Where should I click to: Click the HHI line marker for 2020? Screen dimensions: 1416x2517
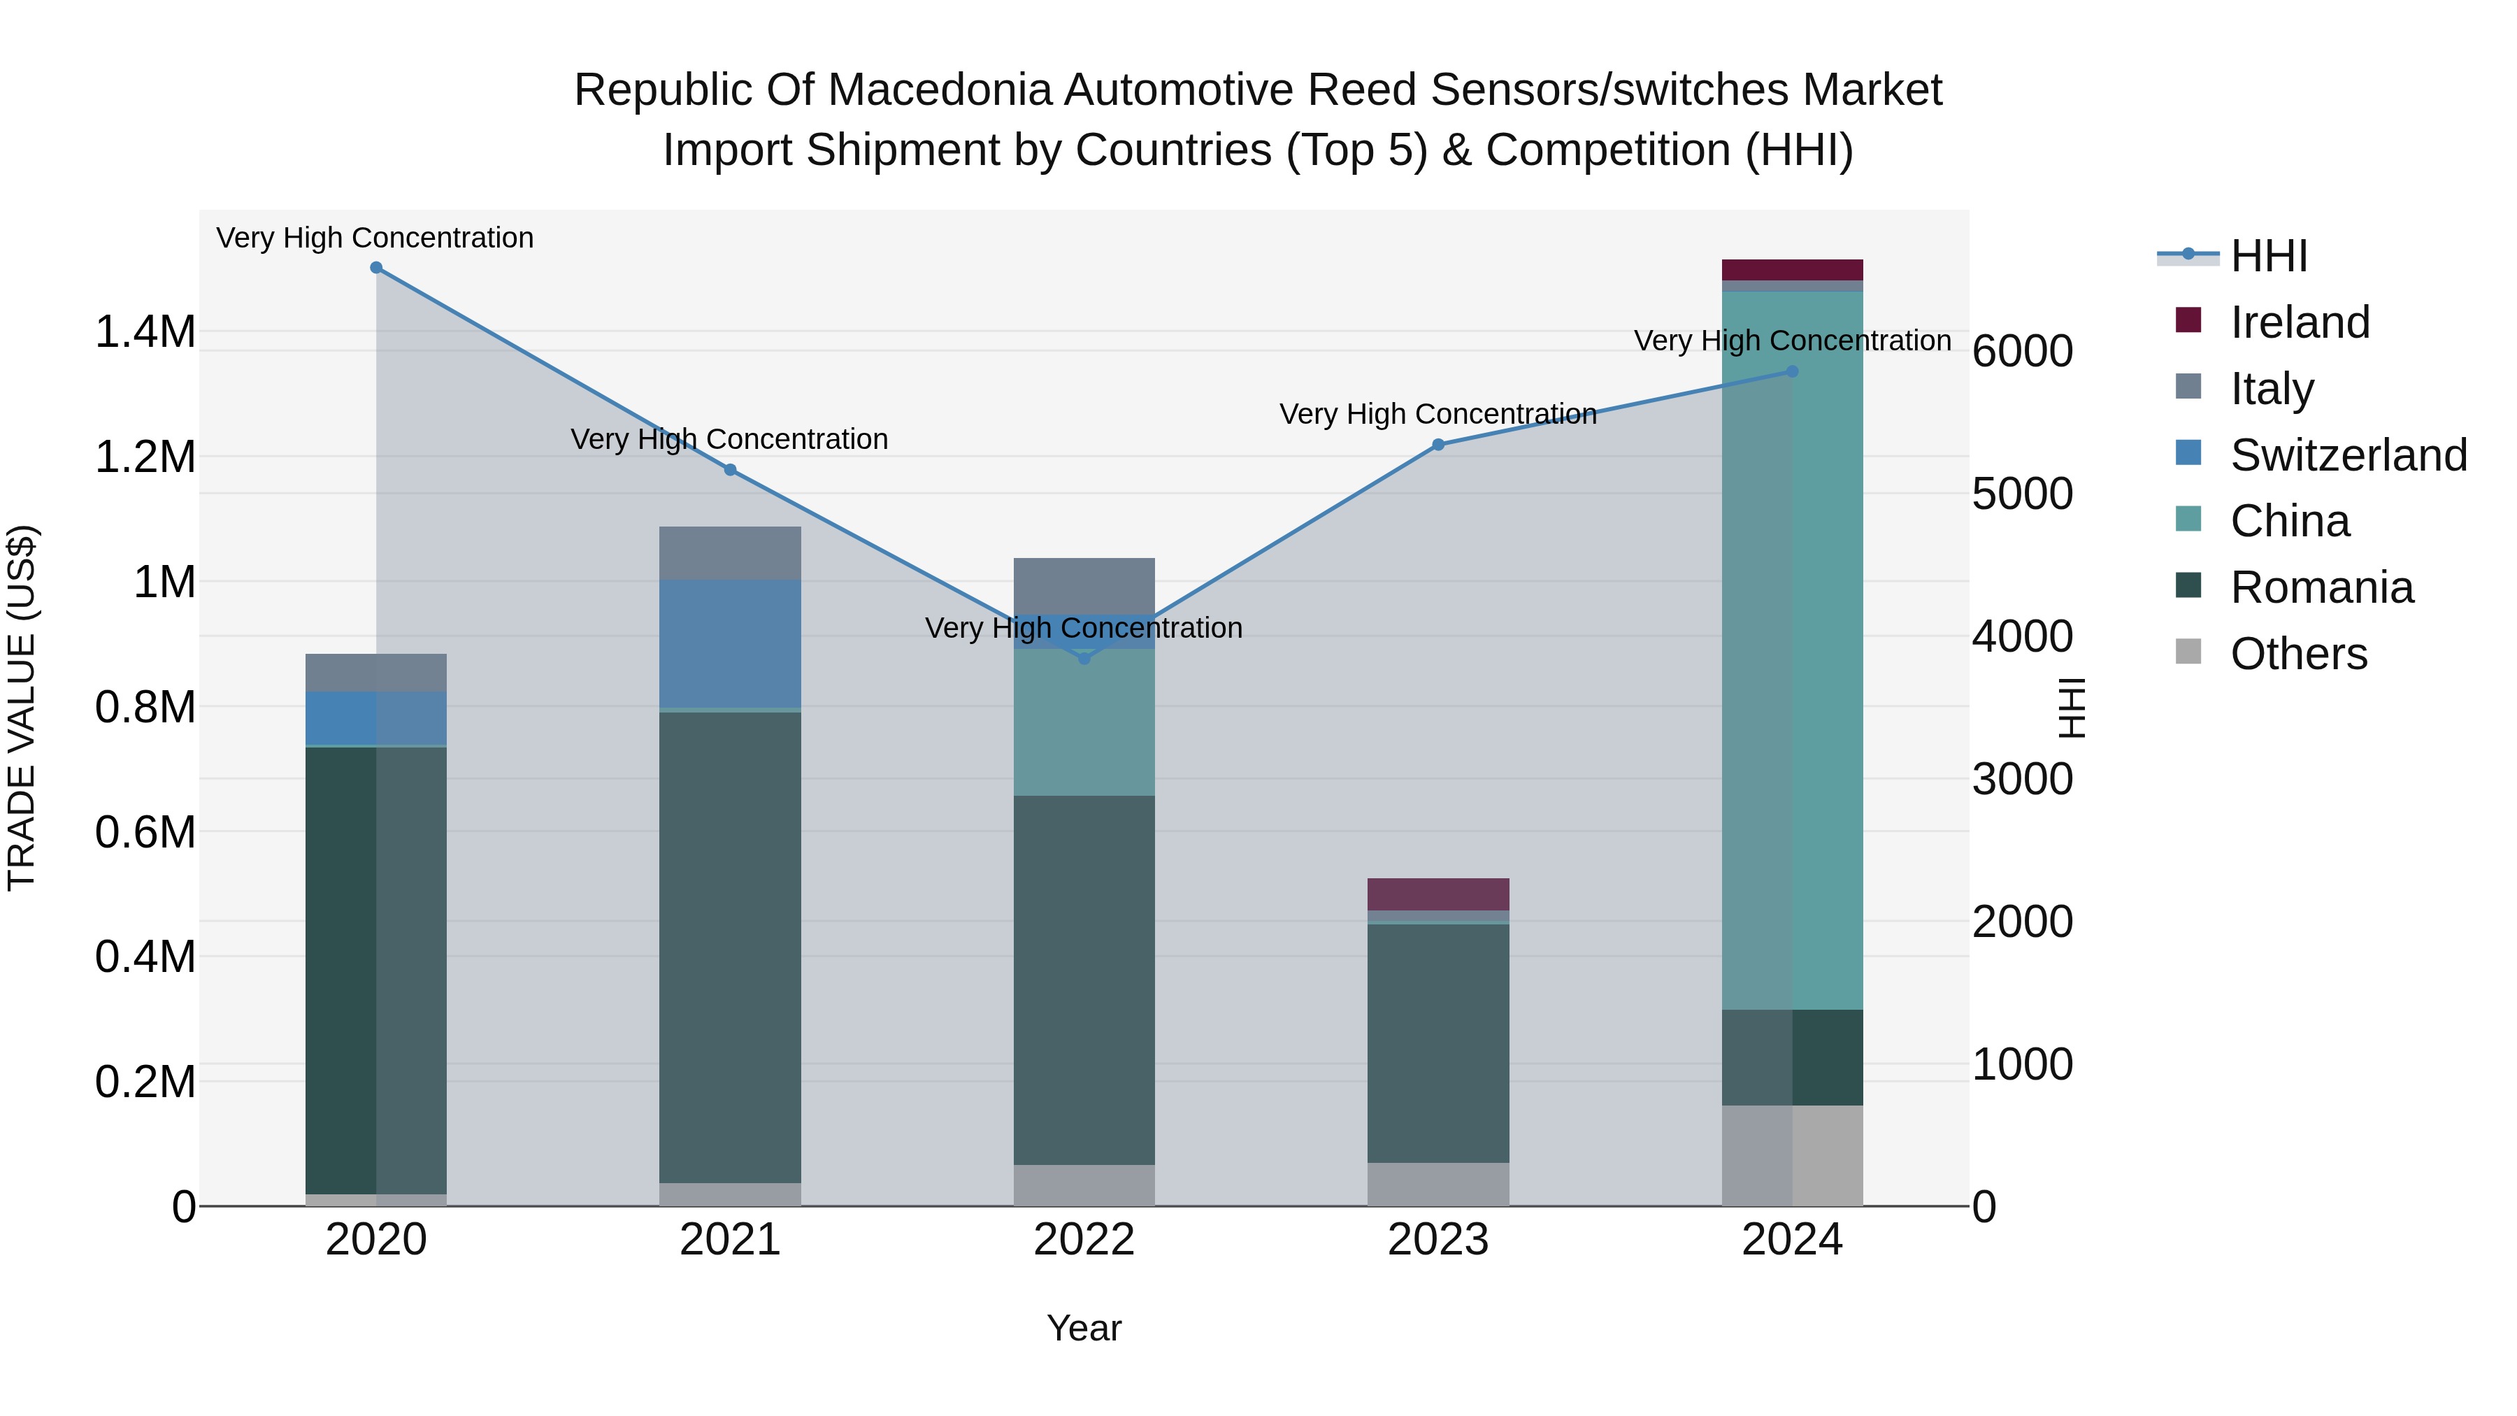tap(376, 268)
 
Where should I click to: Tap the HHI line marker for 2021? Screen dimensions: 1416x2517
tap(730, 470)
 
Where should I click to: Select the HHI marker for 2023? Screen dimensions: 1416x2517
tap(1438, 445)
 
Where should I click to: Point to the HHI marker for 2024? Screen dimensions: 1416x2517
tap(1792, 371)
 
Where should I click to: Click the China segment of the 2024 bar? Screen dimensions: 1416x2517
tap(1792, 650)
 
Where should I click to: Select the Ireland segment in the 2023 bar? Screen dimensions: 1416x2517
tap(1438, 894)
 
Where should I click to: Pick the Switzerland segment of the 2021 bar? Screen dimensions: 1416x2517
tap(730, 643)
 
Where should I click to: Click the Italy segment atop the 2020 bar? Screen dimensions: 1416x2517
tap(376, 672)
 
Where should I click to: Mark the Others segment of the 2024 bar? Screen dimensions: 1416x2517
tap(1792, 1155)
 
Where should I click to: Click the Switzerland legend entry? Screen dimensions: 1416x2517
tap(2348, 455)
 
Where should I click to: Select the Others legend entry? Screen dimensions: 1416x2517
tap(2298, 654)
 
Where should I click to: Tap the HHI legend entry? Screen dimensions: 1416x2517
tap(2268, 256)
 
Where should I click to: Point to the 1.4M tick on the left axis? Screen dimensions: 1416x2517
tap(145, 332)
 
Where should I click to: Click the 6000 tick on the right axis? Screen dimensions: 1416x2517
tap(2021, 351)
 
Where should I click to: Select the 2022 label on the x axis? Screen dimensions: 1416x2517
tap(1084, 1240)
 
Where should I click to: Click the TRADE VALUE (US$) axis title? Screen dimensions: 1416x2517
tap(22, 708)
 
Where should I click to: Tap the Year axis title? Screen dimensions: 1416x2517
tap(1084, 1328)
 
